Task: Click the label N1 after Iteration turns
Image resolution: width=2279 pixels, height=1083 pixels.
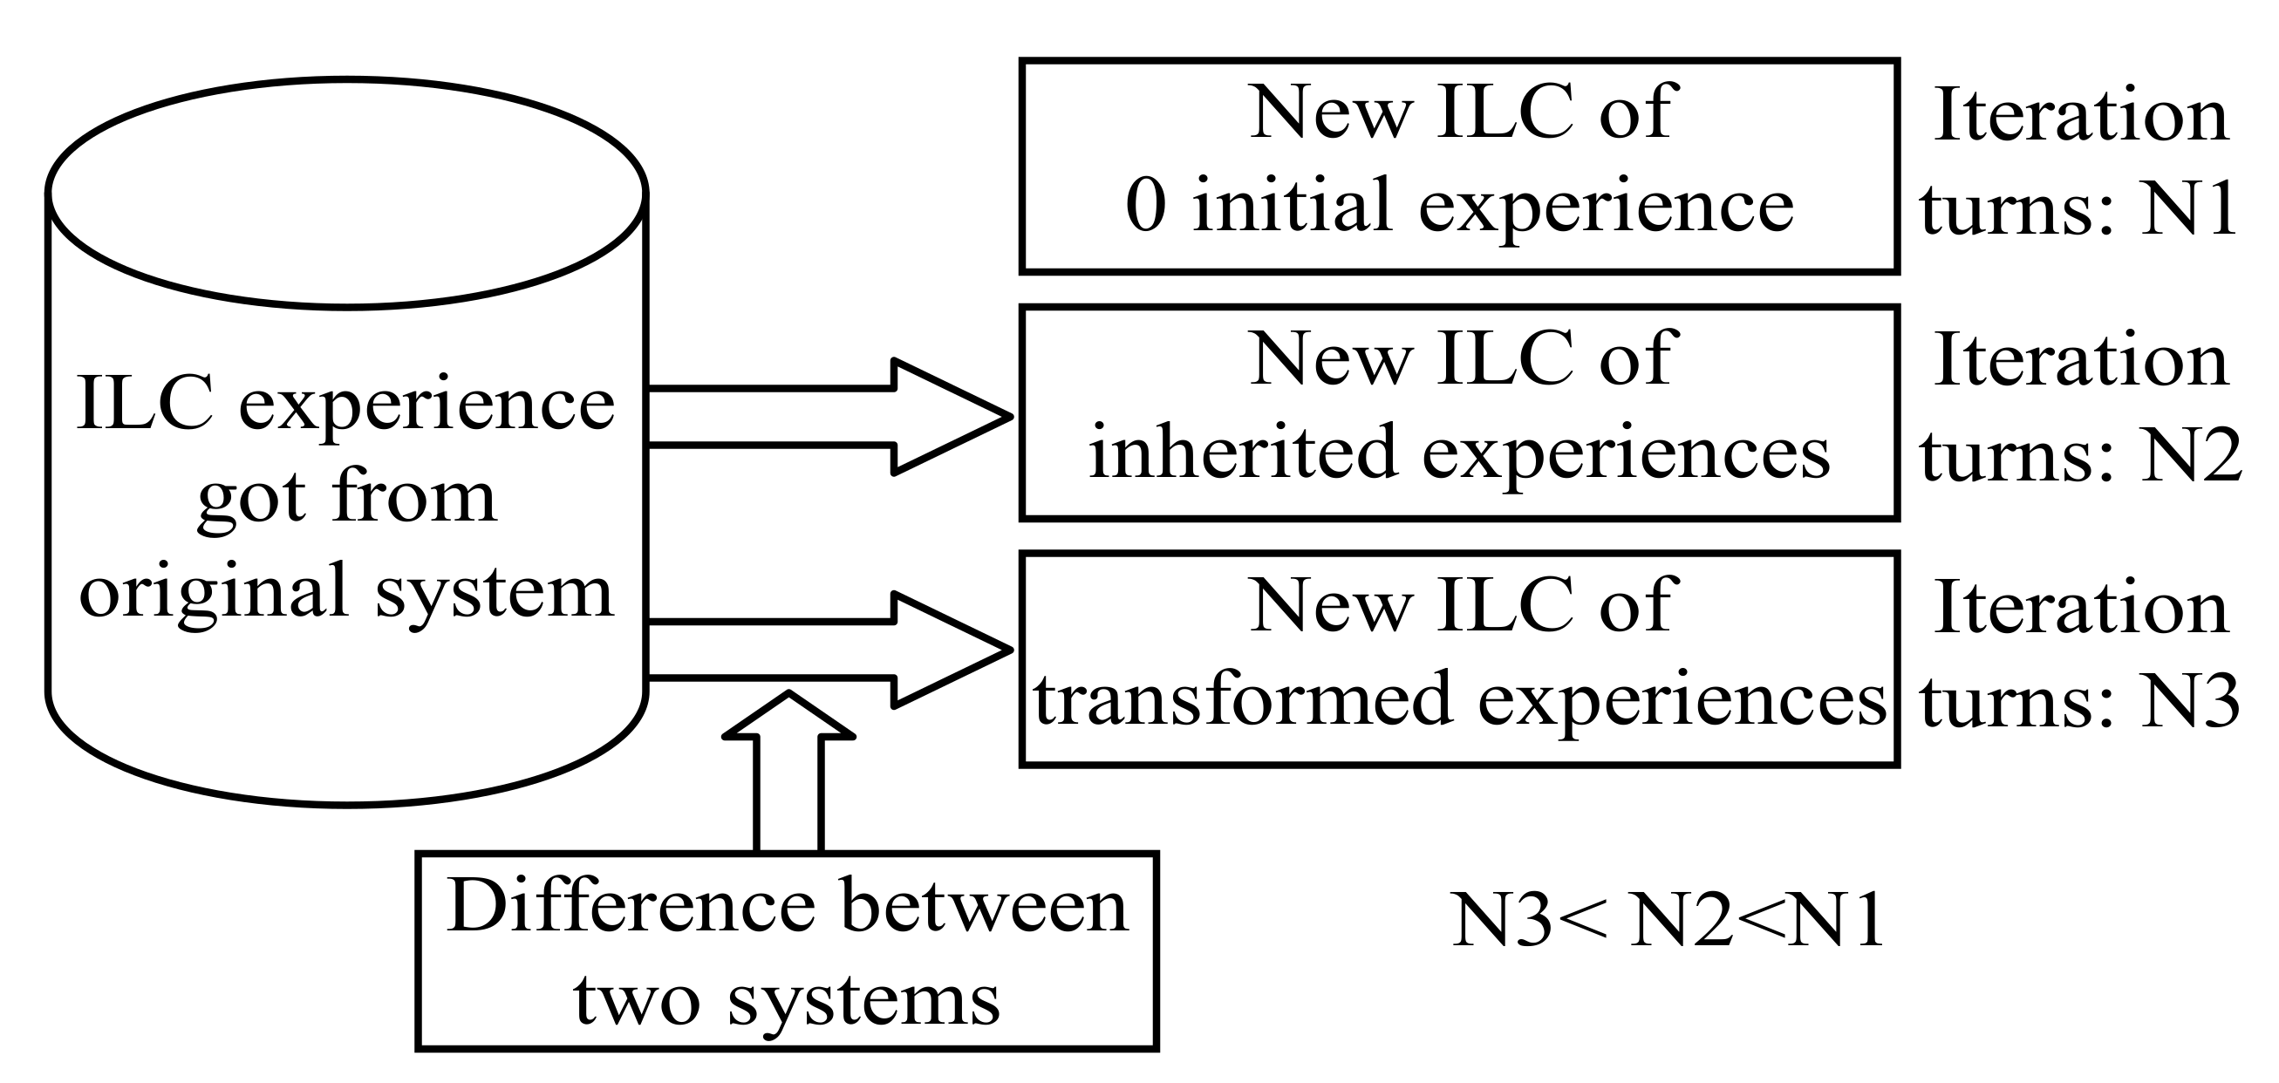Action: [x=2189, y=211]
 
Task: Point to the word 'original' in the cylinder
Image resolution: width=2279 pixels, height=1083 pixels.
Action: [x=213, y=591]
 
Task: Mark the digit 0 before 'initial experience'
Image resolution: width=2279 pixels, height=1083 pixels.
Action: [x=1146, y=206]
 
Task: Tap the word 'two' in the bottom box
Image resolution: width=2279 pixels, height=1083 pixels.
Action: [x=637, y=1001]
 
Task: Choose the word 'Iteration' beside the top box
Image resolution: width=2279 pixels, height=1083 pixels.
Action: [x=2081, y=115]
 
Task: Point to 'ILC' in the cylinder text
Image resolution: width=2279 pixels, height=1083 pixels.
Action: [x=144, y=403]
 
